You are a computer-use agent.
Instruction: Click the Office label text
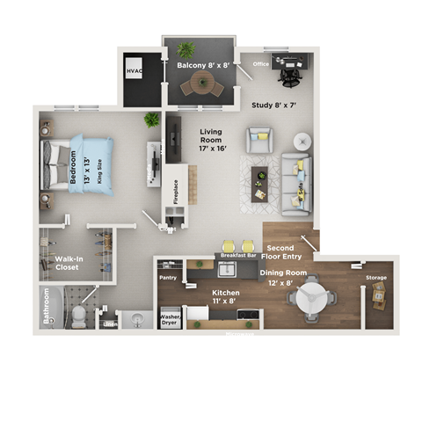260,64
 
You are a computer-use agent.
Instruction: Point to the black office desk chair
289,76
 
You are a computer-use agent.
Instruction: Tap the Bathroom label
46,307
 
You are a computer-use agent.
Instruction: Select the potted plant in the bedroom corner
151,119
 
